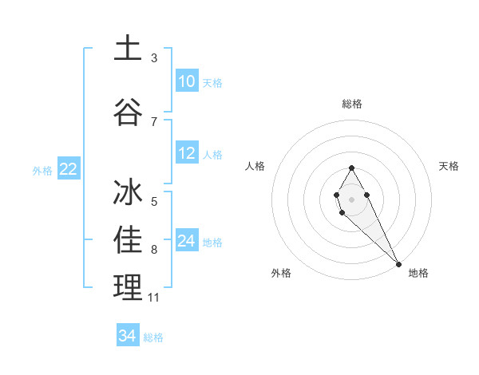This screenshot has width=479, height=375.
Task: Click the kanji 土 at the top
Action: [x=128, y=48]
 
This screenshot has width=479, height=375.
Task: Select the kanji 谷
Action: [x=128, y=112]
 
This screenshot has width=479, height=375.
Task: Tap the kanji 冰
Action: [x=128, y=194]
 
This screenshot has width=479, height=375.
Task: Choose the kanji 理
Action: [x=128, y=287]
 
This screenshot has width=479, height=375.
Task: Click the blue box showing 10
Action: [x=187, y=81]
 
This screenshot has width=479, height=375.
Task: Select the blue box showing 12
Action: [x=187, y=153]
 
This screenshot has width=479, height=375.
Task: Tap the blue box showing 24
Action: [x=187, y=241]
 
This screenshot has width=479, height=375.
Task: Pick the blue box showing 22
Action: [x=68, y=169]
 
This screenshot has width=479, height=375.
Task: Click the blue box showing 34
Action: [x=128, y=336]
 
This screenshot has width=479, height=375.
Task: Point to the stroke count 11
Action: [x=154, y=298]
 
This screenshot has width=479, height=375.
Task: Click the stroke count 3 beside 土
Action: [x=154, y=58]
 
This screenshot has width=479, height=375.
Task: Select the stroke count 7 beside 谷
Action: [x=154, y=121]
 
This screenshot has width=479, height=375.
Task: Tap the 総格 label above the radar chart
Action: [x=352, y=104]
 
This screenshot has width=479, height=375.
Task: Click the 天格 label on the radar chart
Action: [x=449, y=166]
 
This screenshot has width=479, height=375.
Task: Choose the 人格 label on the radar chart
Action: [x=255, y=166]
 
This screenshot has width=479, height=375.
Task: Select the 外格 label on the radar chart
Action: [x=281, y=273]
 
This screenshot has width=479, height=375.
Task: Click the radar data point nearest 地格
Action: [x=398, y=263]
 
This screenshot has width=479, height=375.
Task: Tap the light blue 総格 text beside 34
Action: [x=153, y=337]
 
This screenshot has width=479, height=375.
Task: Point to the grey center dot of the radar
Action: [x=352, y=198]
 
